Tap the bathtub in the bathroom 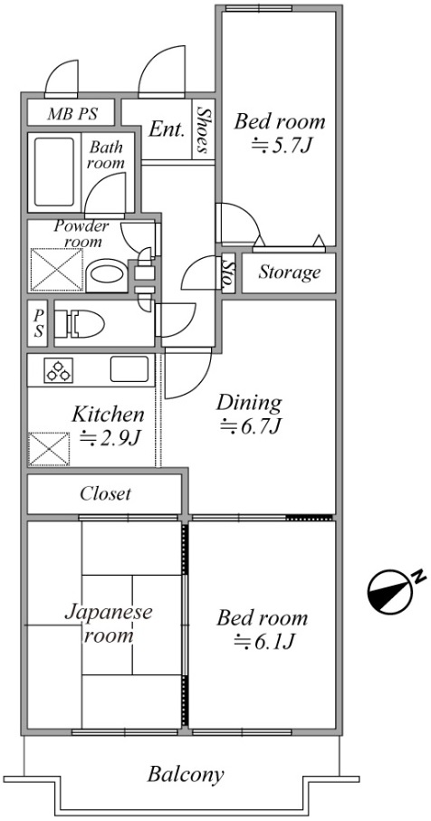pyautogui.click(x=54, y=172)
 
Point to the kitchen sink pyautogui.click(x=129, y=368)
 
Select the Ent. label pyautogui.click(x=167, y=129)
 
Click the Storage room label pyautogui.click(x=289, y=272)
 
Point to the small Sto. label pyautogui.click(x=228, y=272)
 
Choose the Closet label pyautogui.click(x=105, y=493)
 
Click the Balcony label pyautogui.click(x=186, y=775)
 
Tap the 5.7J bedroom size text pyautogui.click(x=282, y=146)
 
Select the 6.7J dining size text pyautogui.click(x=252, y=427)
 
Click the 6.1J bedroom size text pyautogui.click(x=264, y=641)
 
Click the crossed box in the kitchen pyautogui.click(x=49, y=449)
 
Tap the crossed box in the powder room pyautogui.click(x=56, y=269)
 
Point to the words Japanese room pyautogui.click(x=109, y=623)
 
